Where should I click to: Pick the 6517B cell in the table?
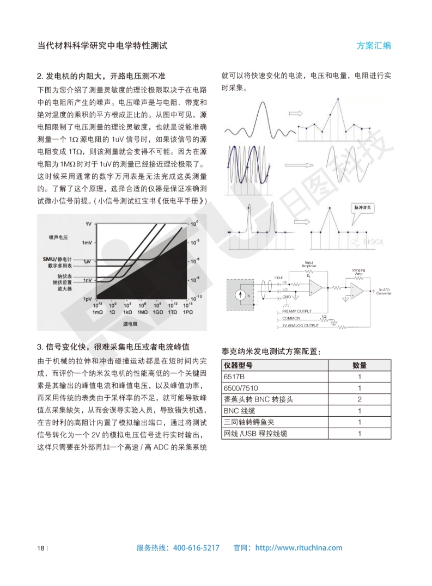point(234,377)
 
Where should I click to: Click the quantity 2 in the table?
point(360,399)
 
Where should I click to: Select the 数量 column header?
point(360,365)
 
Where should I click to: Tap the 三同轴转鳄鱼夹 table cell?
point(248,422)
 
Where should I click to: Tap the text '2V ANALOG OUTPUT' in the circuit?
point(300,325)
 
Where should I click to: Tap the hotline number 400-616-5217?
point(196,548)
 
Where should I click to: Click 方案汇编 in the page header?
point(374,46)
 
